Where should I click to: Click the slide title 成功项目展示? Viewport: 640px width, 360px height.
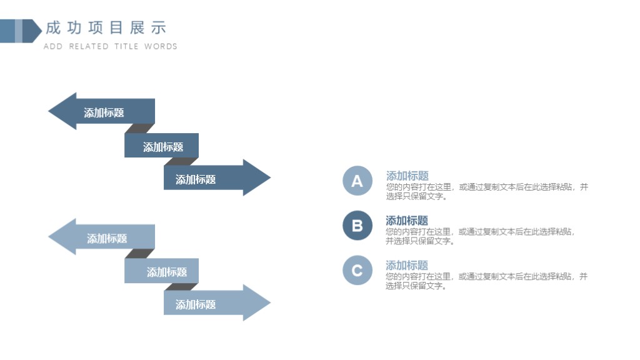106,27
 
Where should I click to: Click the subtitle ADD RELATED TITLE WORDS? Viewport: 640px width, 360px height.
110,46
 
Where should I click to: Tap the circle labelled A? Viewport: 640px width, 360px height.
357,181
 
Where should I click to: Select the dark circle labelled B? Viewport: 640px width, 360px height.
357,225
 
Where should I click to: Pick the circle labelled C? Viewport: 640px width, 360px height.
357,270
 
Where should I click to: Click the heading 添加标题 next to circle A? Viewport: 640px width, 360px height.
407,176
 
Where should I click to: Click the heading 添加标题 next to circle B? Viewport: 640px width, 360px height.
407,221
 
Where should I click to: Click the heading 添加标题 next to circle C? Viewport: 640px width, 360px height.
407,265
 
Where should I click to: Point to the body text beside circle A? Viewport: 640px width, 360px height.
487,191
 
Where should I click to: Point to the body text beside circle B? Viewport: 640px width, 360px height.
480,236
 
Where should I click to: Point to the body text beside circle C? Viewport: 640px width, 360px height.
486,281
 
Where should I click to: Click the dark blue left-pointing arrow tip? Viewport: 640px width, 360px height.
49,111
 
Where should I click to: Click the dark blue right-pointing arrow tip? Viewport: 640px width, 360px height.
270,177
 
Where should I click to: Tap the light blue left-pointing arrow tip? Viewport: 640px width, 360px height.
49,237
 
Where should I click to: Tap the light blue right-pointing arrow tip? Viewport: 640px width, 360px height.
270,302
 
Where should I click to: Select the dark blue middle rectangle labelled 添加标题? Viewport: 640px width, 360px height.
162,145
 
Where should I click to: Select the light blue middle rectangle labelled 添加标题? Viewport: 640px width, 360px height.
162,271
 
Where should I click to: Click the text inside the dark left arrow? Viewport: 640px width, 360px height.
104,112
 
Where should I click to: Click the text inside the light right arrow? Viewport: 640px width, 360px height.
196,304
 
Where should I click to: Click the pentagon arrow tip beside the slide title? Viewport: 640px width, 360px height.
42,31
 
